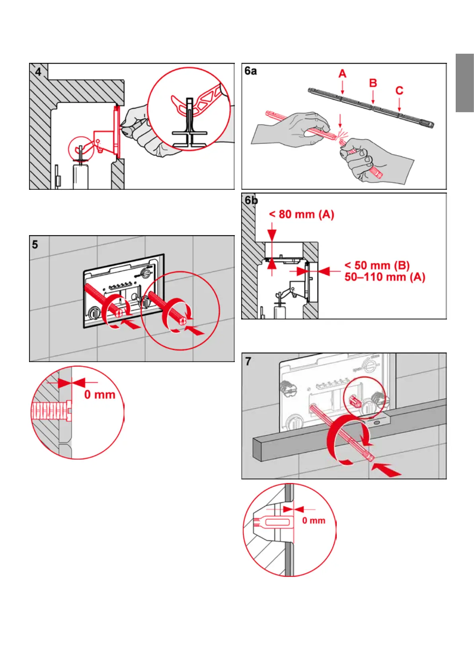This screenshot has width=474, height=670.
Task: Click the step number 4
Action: tap(38, 72)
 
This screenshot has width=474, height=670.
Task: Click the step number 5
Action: tap(35, 244)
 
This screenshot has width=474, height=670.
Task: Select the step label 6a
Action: tap(251, 71)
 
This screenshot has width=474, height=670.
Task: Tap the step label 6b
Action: tap(251, 200)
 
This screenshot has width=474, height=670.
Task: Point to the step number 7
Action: tap(248, 361)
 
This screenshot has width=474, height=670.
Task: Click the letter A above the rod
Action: tap(342, 74)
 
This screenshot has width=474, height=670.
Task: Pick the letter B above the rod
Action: tap(373, 83)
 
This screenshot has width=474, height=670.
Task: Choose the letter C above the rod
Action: tap(399, 91)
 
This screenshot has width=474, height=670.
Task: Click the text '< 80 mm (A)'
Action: tap(301, 214)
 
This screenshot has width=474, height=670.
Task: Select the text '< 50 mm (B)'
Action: tap(377, 265)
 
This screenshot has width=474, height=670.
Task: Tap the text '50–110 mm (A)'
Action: tap(384, 277)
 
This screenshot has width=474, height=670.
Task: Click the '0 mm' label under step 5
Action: tap(99, 395)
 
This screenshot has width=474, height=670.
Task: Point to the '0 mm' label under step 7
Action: tap(314, 520)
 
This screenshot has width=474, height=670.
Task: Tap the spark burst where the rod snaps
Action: tap(341, 135)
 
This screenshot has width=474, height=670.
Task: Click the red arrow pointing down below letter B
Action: tap(373, 97)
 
